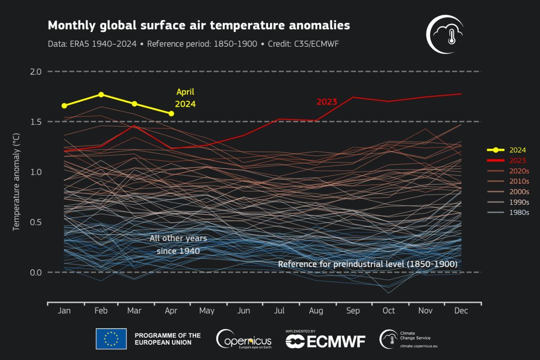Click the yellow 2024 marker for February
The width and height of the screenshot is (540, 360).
101,94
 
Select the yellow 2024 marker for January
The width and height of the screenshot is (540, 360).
64,106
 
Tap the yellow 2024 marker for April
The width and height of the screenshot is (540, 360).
171,113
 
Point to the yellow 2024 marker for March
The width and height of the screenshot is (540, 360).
135,103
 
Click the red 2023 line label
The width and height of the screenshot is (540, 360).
327,102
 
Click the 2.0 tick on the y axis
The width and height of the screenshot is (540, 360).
36,72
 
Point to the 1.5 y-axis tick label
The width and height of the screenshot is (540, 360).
36,122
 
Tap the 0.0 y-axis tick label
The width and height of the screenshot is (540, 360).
36,272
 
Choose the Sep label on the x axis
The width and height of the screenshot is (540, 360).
353,311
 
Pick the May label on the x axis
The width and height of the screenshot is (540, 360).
207,311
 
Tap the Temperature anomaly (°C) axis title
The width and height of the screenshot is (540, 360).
16,182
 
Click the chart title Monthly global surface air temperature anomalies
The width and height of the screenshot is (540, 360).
198,26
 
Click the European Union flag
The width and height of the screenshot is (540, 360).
111,339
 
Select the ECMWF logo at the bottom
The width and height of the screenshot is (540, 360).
325,340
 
